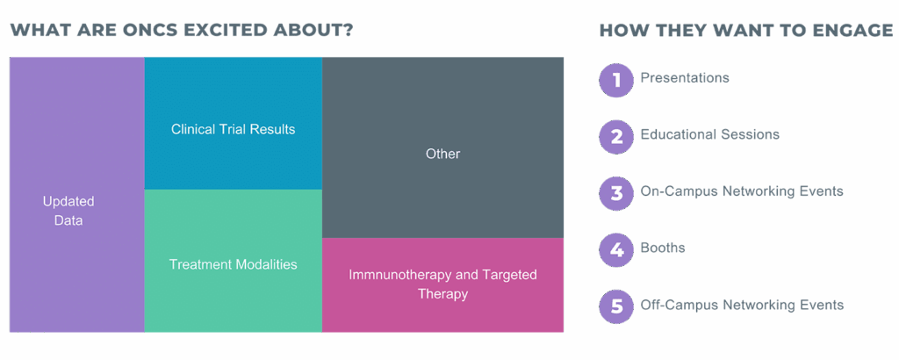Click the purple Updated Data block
pyautogui.click(x=77, y=194)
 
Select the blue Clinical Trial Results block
pyautogui.click(x=234, y=123)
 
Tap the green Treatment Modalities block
pyautogui.click(x=234, y=261)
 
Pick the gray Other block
pyautogui.click(x=442, y=148)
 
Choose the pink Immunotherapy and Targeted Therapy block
pyautogui.click(x=442, y=284)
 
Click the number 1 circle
pyautogui.click(x=616, y=80)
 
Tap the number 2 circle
pyautogui.click(x=616, y=137)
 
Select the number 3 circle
pyautogui.click(x=616, y=194)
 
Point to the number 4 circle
pyautogui.click(x=616, y=250)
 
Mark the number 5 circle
pyautogui.click(x=616, y=307)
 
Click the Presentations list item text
pyautogui.click(x=685, y=77)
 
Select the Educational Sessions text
pyautogui.click(x=709, y=134)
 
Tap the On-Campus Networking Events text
pyautogui.click(x=742, y=191)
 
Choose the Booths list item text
pyautogui.click(x=663, y=248)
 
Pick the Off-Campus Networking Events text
pyautogui.click(x=742, y=305)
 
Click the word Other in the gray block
pyautogui.click(x=442, y=154)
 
